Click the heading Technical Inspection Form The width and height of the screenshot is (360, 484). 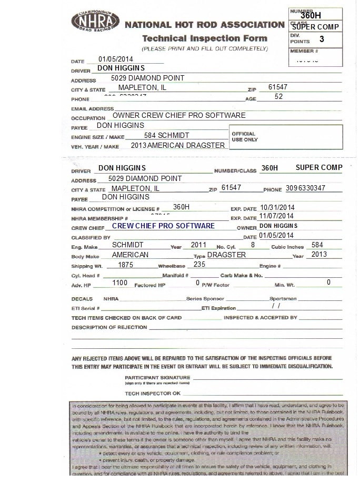(205, 38)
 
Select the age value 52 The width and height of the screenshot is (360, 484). (279, 97)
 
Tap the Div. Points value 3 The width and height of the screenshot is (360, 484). (322, 39)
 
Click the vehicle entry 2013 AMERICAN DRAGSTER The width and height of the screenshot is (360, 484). (178, 145)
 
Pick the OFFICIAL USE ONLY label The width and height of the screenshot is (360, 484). (244, 137)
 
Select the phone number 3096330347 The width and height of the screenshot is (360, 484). (305, 188)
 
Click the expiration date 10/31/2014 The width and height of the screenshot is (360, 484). (277, 208)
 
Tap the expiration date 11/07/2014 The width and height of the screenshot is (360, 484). (277, 216)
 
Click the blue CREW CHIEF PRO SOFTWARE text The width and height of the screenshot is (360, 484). (163, 226)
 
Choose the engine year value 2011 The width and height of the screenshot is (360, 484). (198, 245)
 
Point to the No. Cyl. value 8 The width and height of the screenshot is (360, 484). (253, 245)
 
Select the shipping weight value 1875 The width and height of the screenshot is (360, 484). (126, 265)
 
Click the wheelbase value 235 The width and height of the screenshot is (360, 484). (199, 265)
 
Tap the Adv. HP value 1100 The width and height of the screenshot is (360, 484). (120, 283)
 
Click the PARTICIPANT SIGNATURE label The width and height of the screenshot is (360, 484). (157, 378)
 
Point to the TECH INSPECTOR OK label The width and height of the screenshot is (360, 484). (152, 394)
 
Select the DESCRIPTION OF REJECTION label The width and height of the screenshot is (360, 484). (109, 327)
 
